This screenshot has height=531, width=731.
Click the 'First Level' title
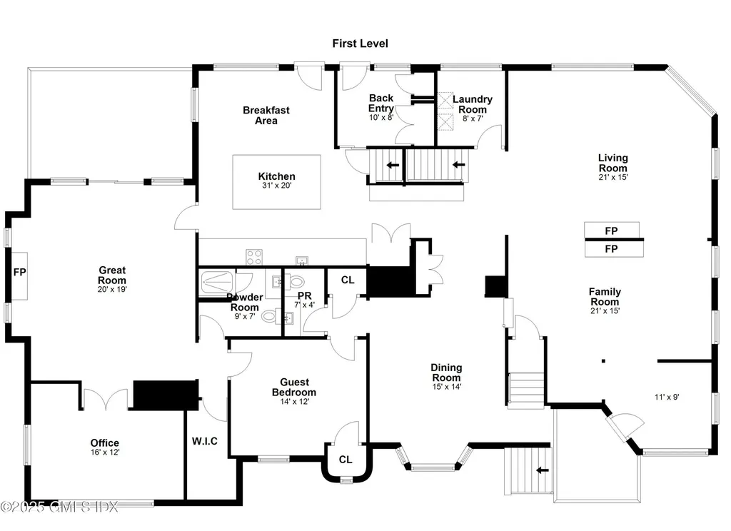[x=360, y=44]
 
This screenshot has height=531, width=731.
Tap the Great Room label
[x=112, y=275]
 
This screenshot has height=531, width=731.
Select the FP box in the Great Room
[x=19, y=276]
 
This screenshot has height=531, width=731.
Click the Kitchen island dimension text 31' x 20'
[x=276, y=185]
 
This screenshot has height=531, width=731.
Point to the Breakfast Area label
[x=266, y=115]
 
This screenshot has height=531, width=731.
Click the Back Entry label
[x=381, y=103]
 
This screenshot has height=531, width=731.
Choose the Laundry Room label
[x=473, y=104]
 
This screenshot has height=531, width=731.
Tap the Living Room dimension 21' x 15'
[x=613, y=177]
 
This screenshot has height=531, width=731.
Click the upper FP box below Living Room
[x=612, y=231]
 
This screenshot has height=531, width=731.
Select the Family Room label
[x=605, y=296]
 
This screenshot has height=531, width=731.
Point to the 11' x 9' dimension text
[x=667, y=398]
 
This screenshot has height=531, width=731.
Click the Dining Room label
[x=446, y=373]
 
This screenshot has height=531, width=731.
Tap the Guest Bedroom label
[x=294, y=387]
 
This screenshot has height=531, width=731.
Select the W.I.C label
[x=205, y=441]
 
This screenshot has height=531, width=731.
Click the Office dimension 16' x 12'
[x=105, y=452]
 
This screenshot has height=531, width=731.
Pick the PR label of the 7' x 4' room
[x=304, y=295]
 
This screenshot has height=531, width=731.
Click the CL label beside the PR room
[x=348, y=280]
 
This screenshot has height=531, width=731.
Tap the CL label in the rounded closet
[x=346, y=460]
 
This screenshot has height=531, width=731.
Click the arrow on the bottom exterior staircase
[x=542, y=470]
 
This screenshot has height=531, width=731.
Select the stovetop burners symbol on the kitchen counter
[x=254, y=258]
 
